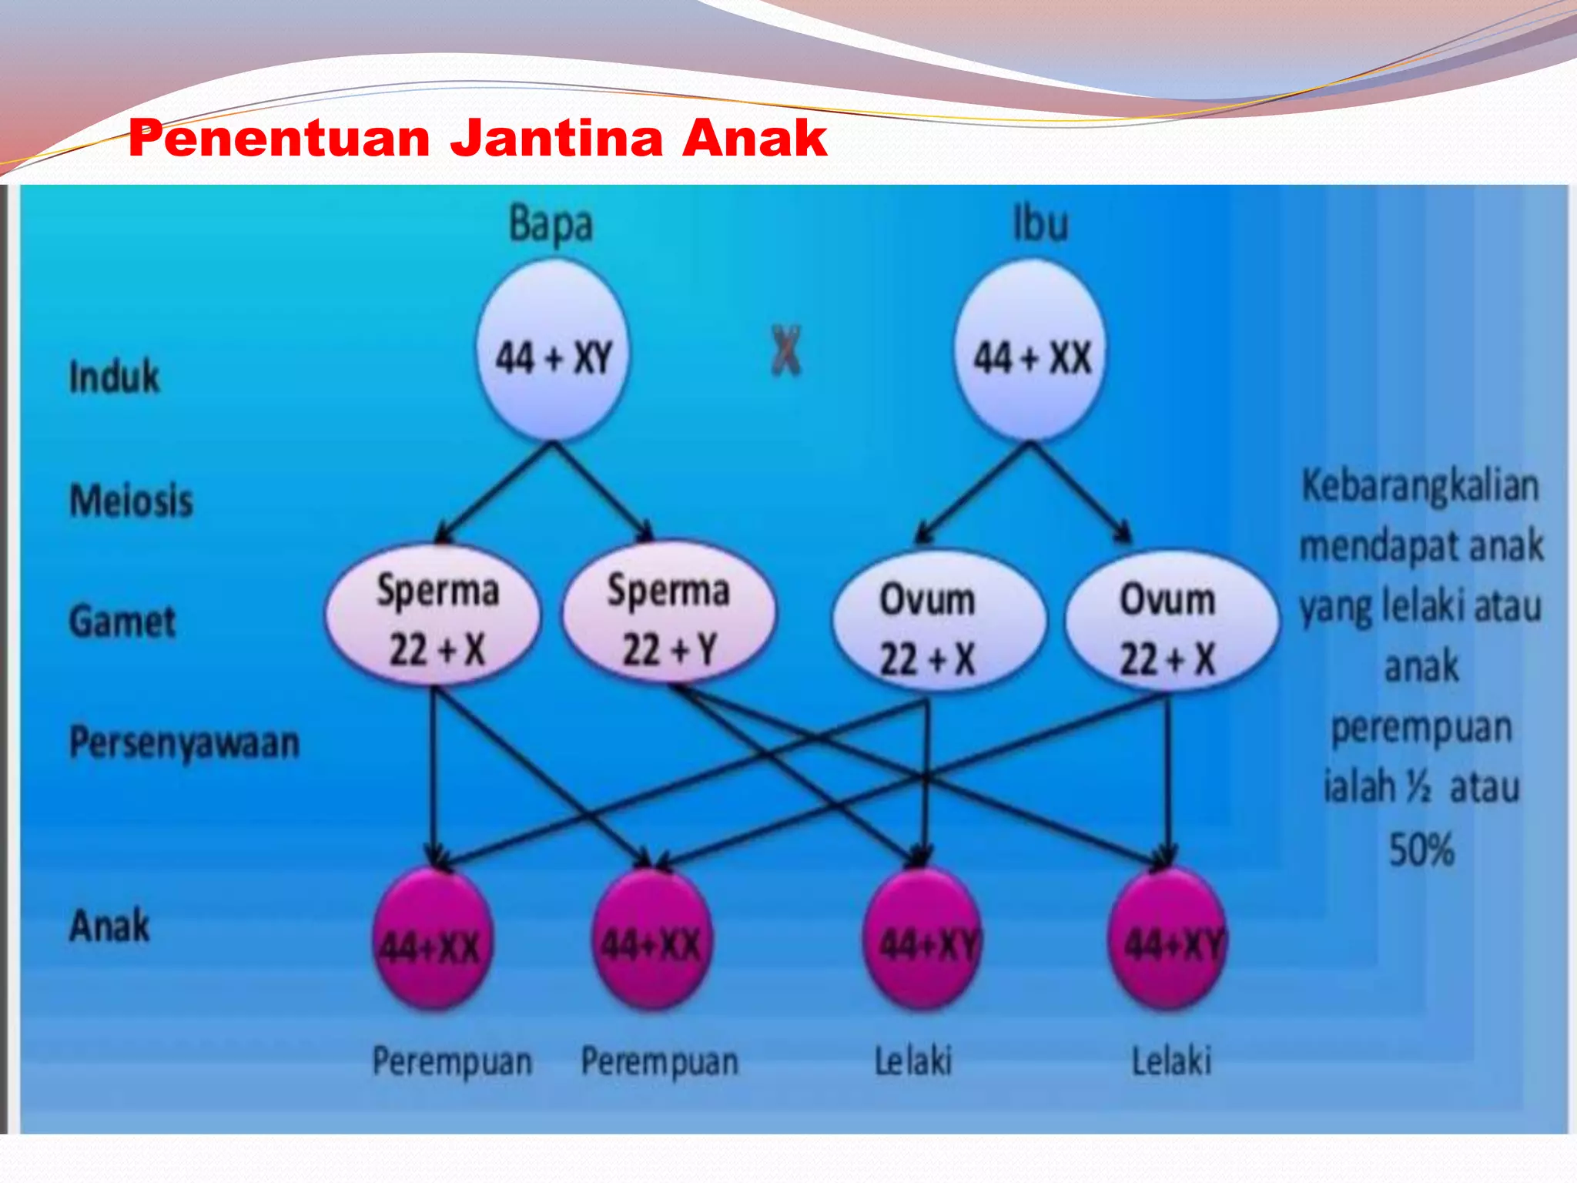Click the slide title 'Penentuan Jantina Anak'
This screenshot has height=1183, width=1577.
[477, 139]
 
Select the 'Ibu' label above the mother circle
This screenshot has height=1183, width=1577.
[1040, 224]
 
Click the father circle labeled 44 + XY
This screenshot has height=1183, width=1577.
[553, 351]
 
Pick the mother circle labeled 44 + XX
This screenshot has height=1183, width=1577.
[1031, 351]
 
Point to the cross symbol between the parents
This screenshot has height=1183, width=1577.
[785, 351]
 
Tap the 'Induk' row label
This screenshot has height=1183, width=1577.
[114, 377]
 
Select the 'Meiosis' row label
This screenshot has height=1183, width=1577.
[131, 501]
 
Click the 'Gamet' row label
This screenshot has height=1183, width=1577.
[122, 622]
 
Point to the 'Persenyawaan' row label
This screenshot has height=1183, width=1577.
[184, 743]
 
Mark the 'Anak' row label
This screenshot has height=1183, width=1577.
[109, 926]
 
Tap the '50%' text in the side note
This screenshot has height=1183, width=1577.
[1421, 850]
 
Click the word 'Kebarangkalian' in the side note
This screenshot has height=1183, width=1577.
[1420, 487]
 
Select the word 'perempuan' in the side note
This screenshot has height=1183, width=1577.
[1421, 729]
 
